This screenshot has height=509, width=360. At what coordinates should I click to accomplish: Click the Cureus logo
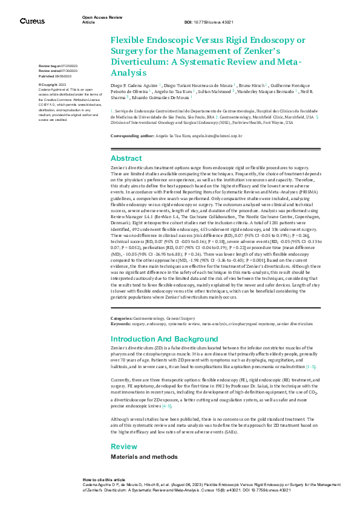pyautogui.click(x=31, y=21)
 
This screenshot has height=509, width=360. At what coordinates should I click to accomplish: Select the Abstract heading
pyautogui.click(x=126, y=158)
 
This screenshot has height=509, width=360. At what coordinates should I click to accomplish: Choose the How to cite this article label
pyautogui.click(x=104, y=478)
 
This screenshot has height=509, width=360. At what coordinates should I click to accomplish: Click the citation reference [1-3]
pyautogui.click(x=310, y=366)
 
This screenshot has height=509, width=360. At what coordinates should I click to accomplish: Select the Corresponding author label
pyautogui.click(x=134, y=136)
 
